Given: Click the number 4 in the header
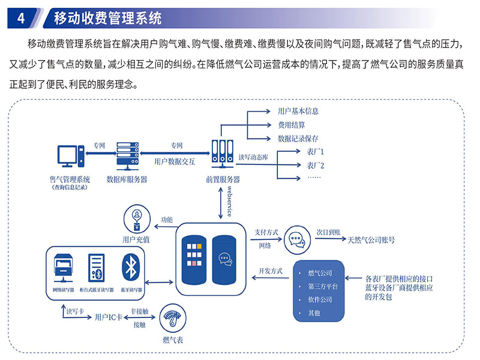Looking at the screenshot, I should click(x=21, y=18).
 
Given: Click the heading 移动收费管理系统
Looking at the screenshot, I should click(x=108, y=18).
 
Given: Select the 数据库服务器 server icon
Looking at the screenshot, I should click(x=127, y=155).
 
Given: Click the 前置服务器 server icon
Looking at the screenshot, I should click(x=223, y=155).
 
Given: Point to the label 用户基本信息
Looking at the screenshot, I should click(x=298, y=111).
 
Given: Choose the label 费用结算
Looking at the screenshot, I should click(x=291, y=125).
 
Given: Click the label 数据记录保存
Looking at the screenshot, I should click(x=298, y=139).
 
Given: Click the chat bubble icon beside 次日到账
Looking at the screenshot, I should click(x=296, y=239).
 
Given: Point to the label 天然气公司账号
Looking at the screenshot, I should click(x=371, y=240).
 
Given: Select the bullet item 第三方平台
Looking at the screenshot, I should click(x=323, y=286).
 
